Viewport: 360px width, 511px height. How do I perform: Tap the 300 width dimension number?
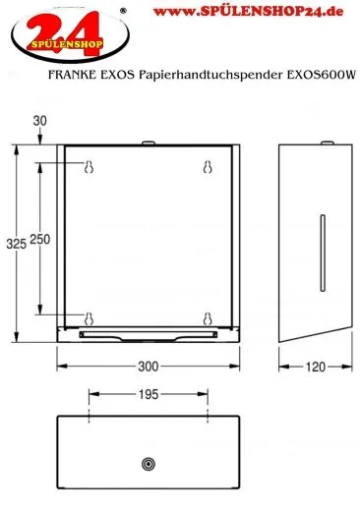click(148, 369)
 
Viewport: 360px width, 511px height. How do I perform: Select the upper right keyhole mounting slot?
click(208, 168)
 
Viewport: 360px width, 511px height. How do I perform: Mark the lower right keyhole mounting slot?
click(208, 317)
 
